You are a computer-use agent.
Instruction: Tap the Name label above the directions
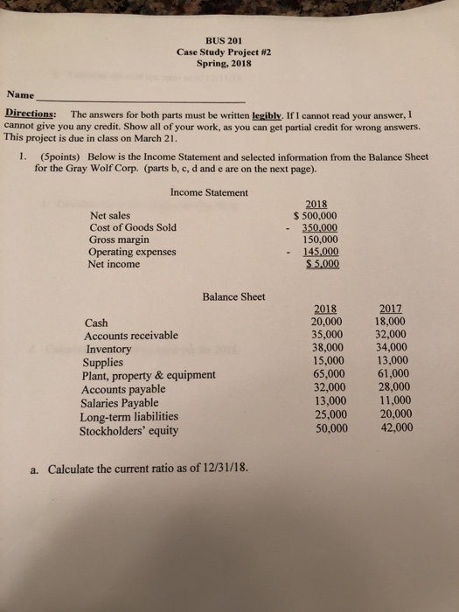(x=20, y=94)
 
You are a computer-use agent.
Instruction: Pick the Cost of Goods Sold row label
(x=132, y=227)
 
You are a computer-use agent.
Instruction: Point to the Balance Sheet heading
(x=233, y=297)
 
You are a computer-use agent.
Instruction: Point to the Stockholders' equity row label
(x=127, y=430)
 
